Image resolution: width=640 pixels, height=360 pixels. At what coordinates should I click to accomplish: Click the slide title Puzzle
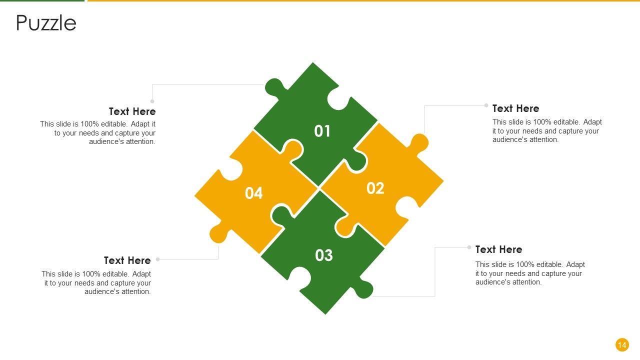[x=46, y=23]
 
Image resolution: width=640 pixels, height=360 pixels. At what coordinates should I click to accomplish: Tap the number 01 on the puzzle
[x=322, y=131]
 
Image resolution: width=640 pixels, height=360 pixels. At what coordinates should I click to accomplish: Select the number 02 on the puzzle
[x=375, y=188]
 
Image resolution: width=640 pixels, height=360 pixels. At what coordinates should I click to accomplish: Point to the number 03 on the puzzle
[x=324, y=255]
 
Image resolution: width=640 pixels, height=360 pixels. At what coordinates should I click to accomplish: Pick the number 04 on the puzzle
[x=253, y=193]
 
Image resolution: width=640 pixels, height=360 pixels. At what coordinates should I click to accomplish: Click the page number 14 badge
[x=622, y=345]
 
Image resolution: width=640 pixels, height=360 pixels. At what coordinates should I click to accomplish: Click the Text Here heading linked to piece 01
[x=132, y=111]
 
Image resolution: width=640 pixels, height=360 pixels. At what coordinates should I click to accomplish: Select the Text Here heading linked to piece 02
[x=515, y=108]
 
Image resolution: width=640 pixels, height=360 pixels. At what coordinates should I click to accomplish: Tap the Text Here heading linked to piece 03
[x=499, y=249]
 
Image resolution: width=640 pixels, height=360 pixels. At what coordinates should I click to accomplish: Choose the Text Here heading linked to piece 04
[x=127, y=260]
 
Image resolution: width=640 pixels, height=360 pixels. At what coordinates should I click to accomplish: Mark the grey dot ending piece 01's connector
[x=152, y=101]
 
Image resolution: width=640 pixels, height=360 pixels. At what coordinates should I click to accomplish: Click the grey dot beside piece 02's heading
[x=486, y=105]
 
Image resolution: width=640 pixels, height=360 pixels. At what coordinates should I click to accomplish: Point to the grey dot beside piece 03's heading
[x=469, y=247]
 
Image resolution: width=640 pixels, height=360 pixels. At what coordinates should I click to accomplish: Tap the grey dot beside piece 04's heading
[x=157, y=259]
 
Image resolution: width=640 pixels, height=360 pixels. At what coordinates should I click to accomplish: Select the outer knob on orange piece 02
[x=419, y=142]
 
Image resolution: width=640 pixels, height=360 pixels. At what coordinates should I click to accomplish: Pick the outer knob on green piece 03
[x=363, y=289]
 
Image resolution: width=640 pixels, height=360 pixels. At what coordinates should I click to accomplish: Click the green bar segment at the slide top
[x=42, y=0]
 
